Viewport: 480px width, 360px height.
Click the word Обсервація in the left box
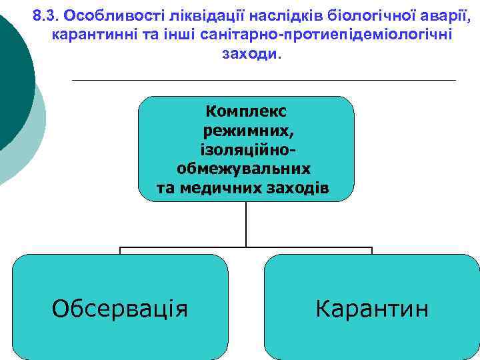[120, 309]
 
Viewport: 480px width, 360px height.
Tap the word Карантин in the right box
[372, 309]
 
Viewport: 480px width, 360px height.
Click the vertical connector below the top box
[246, 223]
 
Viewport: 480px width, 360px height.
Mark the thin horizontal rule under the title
[263, 80]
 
